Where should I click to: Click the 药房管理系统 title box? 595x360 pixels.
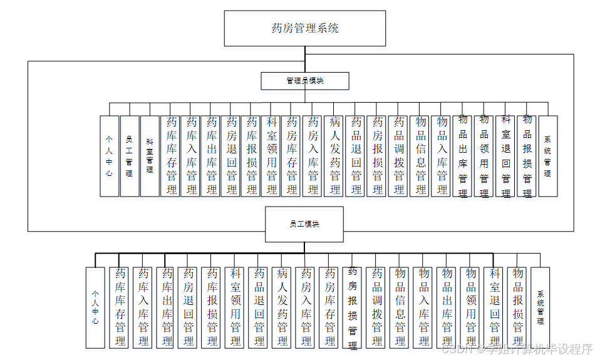click(305, 28)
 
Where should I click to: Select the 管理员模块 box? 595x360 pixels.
click(305, 81)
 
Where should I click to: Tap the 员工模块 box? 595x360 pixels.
click(304, 224)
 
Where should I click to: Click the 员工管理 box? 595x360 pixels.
click(130, 156)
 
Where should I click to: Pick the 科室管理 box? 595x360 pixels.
click(150, 156)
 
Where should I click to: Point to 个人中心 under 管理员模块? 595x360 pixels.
click(109, 156)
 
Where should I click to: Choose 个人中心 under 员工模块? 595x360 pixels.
click(95, 307)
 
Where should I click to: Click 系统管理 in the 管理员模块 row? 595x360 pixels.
click(547, 156)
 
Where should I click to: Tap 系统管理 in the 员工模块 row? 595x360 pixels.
click(541, 307)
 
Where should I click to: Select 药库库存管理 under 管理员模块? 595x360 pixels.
click(170, 156)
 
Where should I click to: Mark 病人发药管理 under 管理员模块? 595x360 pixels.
click(335, 156)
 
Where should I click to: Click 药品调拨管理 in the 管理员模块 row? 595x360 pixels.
click(399, 156)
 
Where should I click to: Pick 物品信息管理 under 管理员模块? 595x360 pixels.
click(420, 156)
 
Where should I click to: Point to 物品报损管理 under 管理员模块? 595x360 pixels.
click(527, 156)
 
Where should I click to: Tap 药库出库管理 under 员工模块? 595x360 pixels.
click(167, 307)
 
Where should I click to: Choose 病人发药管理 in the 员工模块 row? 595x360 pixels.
click(282, 307)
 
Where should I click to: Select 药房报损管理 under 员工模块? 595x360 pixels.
click(353, 307)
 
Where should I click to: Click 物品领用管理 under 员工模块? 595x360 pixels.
click(470, 307)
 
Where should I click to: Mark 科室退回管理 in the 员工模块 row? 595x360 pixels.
click(494, 307)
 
